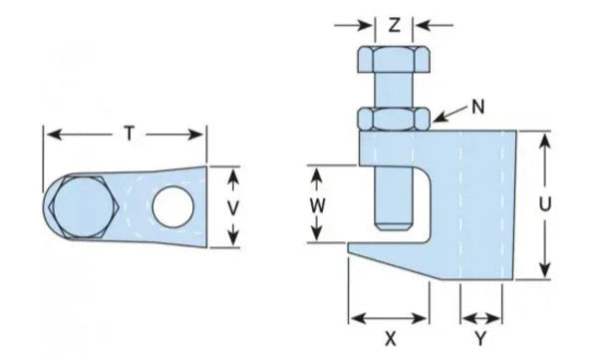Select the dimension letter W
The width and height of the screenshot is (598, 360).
pyautogui.click(x=318, y=205)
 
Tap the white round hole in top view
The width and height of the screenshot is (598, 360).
pyautogui.click(x=172, y=203)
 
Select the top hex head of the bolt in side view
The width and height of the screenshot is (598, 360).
pyautogui.click(x=395, y=61)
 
